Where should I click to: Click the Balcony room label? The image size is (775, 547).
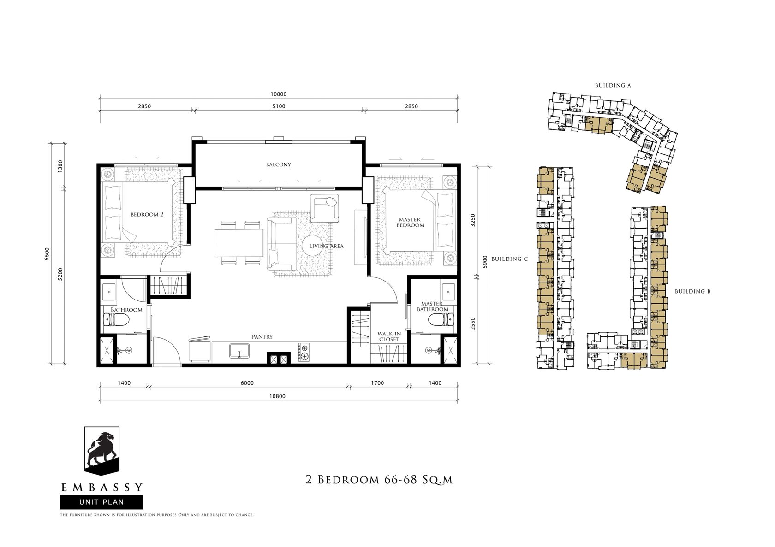278,165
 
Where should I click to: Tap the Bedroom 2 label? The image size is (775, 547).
147,215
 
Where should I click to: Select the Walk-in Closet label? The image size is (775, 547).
389,336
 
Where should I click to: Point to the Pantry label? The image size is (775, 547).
262,337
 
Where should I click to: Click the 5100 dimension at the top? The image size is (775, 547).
279,106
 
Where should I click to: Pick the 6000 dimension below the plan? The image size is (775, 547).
247,383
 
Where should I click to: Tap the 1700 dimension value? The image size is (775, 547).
377,383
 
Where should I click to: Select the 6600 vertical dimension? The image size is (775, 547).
47,254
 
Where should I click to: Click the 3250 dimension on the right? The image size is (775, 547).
473,220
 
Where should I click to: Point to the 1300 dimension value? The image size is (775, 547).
60,166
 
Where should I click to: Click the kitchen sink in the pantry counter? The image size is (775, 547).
239,351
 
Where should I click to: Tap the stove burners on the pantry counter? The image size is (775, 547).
304,353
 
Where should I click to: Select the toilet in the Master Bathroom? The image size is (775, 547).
441,320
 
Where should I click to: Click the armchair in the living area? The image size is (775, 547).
325,208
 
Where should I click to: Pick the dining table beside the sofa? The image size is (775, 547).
239,243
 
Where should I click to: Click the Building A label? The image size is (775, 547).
613,85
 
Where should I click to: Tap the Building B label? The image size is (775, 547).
693,292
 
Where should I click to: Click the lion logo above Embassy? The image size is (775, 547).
101,451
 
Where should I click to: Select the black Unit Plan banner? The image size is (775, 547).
101,502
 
